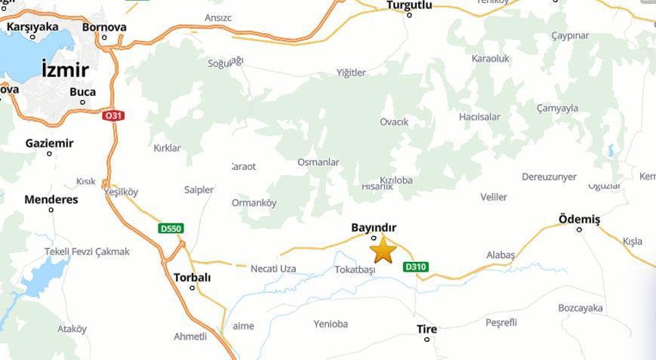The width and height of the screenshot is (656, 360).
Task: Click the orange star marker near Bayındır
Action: pyautogui.click(x=383, y=250)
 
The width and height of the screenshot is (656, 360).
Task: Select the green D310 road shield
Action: pyautogui.click(x=416, y=266)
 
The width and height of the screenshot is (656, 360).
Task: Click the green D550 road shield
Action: pyautogui.click(x=171, y=229)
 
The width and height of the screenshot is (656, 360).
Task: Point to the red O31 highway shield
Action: pyautogui.click(x=113, y=115)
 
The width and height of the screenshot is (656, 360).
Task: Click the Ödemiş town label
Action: pyautogui.click(x=579, y=219)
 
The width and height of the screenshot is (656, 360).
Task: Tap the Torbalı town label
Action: pyautogui.click(x=192, y=277)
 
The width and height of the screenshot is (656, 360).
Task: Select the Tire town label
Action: pyautogui.click(x=427, y=329)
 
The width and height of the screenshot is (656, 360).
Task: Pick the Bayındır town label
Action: pyautogui.click(x=374, y=227)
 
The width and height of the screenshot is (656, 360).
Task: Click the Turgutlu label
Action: pyautogui.click(x=409, y=5)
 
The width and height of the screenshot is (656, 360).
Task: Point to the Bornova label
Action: pyautogui.click(x=104, y=27)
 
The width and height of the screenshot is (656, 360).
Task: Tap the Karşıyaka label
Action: pyautogui.click(x=32, y=27)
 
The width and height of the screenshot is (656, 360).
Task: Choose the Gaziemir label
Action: pyautogui.click(x=50, y=143)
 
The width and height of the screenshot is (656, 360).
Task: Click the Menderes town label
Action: pyautogui.click(x=51, y=200)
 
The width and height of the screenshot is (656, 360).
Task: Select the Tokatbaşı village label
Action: pyautogui.click(x=355, y=269)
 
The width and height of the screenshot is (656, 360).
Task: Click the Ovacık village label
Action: pyautogui.click(x=394, y=122)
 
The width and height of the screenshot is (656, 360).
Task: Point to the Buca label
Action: pyautogui.click(x=82, y=92)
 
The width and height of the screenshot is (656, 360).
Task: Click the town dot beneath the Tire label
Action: pyautogui.click(x=427, y=340)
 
